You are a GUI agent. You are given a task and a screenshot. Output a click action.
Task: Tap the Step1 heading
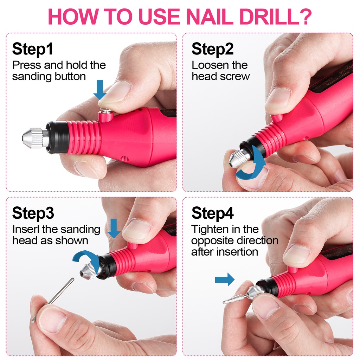33,49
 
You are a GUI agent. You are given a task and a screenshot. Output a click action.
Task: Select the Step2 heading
212,49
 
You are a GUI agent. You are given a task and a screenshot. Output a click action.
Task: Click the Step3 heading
33,213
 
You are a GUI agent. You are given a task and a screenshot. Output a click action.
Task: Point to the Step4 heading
212,213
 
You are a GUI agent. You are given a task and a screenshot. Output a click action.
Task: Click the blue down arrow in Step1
100,90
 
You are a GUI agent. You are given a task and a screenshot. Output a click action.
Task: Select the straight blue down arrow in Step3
114,229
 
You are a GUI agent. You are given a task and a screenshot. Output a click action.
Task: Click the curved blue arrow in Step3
86,257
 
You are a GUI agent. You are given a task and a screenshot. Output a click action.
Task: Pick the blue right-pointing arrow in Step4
225,279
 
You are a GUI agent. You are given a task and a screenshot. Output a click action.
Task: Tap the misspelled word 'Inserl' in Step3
26,229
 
